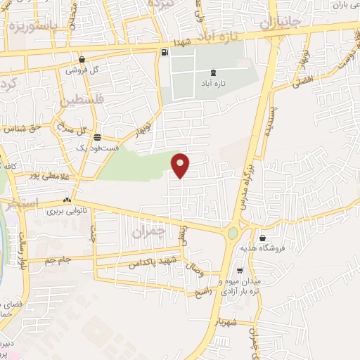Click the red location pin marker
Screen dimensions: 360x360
coord(181,165)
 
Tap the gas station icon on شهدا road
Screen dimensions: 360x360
coord(165,52)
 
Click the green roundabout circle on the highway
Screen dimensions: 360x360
coord(233,233)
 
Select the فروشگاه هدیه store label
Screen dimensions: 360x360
coord(290,247)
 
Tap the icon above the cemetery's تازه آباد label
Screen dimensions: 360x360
coord(213,73)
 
